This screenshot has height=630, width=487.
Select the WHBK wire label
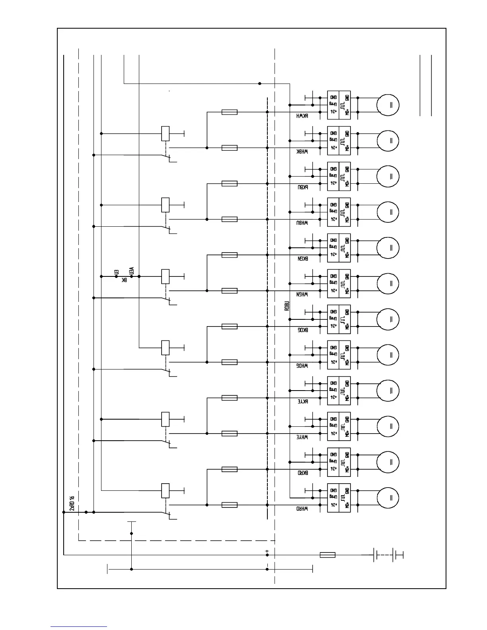pyautogui.click(x=302, y=152)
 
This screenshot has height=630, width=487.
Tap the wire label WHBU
pyautogui.click(x=302, y=223)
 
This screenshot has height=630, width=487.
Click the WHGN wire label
pyautogui.click(x=302, y=295)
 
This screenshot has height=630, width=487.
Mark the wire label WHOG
pyautogui.click(x=302, y=366)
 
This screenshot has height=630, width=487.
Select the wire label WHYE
pyautogui.click(x=302, y=437)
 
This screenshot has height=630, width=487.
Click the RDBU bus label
pyautogui.click(x=287, y=305)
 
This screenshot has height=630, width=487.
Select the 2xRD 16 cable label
pyautogui.click(x=72, y=503)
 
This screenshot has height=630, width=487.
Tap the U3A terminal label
pyautogui.click(x=132, y=270)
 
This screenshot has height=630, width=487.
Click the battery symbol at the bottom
pyautogui.click(x=388, y=555)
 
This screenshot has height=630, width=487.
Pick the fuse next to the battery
pyautogui.click(x=327, y=555)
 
